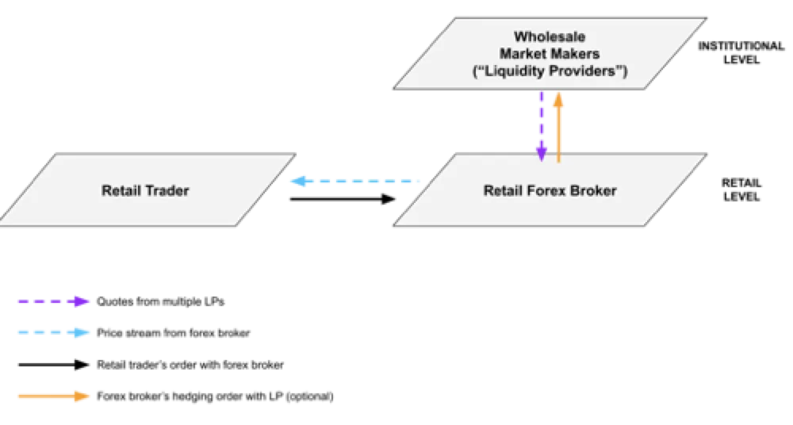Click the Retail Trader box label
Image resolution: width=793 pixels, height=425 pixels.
click(x=145, y=191)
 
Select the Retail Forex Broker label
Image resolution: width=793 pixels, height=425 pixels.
click(x=550, y=191)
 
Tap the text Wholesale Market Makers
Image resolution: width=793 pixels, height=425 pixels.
click(x=550, y=45)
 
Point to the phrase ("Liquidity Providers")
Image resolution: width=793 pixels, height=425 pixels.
click(x=550, y=71)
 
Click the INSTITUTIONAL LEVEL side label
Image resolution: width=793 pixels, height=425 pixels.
click(x=741, y=52)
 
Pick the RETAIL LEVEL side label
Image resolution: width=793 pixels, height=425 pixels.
click(x=741, y=190)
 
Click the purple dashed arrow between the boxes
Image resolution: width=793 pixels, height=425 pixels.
click(x=542, y=127)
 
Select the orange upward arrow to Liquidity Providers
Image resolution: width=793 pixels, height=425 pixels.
click(x=558, y=127)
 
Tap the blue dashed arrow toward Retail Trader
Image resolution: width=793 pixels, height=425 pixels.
click(x=355, y=181)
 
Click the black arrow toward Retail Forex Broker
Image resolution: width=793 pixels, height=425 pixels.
click(x=343, y=199)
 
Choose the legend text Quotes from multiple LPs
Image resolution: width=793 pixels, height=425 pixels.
click(x=160, y=301)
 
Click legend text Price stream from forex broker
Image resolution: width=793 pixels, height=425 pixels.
click(x=174, y=333)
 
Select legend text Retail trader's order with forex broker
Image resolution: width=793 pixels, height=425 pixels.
click(x=190, y=365)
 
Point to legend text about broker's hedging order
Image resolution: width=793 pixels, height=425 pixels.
click(x=215, y=396)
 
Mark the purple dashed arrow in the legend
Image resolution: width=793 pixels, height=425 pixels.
click(x=54, y=301)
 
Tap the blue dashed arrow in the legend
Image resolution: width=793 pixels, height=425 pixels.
click(x=54, y=333)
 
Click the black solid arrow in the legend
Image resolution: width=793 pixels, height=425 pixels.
click(x=54, y=365)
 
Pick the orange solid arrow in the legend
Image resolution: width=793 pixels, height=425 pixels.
click(x=54, y=396)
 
